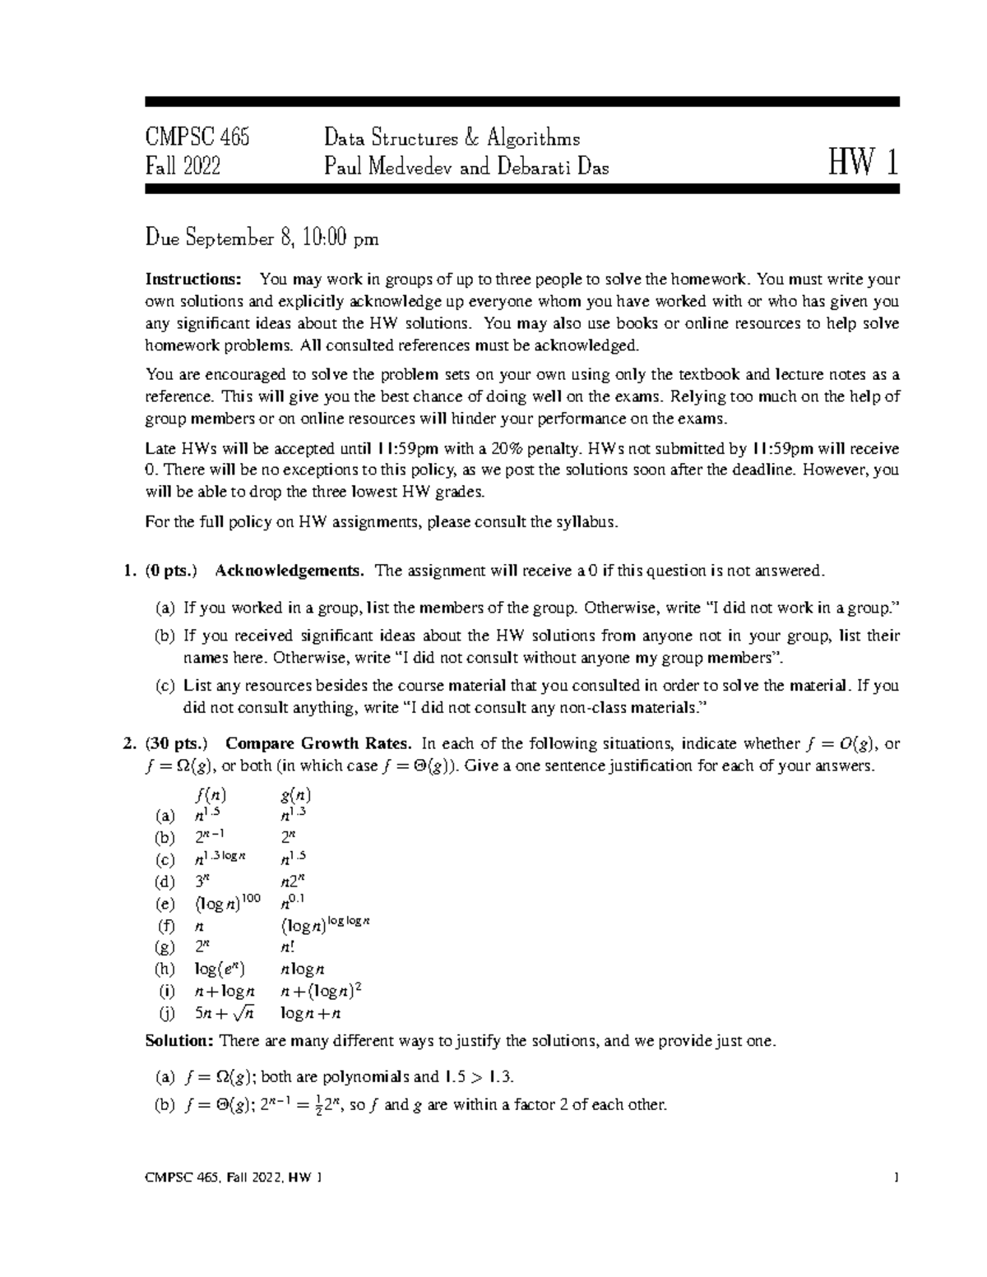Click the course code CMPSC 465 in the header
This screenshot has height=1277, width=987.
point(197,136)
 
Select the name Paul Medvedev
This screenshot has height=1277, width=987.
point(390,167)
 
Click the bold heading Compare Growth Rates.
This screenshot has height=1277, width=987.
point(318,743)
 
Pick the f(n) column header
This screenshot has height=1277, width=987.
point(211,795)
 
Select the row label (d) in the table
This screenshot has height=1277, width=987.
point(164,881)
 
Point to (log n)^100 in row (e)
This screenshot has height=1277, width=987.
point(227,903)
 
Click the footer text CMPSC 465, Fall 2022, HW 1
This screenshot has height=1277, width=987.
point(233,1178)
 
